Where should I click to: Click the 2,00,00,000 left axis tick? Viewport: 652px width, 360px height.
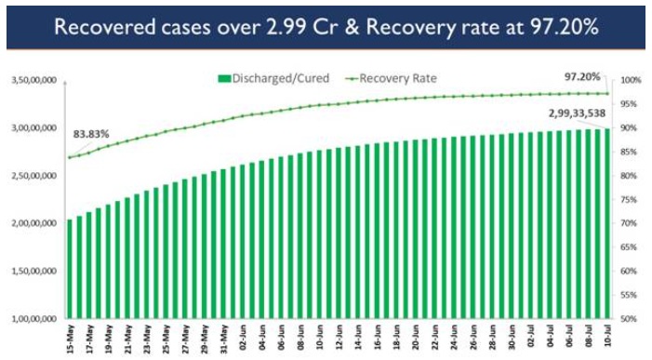click(x=35, y=224)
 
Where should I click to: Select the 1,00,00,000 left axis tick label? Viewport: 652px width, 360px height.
click(x=35, y=319)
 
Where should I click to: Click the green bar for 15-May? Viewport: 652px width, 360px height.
click(x=70, y=270)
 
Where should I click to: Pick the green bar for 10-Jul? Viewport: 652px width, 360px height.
click(x=607, y=223)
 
